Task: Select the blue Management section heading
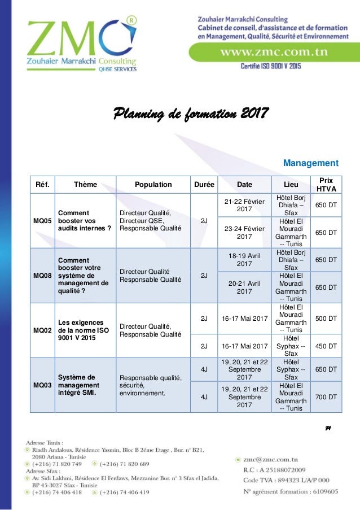(311, 163)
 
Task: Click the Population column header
(153, 184)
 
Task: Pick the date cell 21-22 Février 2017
(244, 205)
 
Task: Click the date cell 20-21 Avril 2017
(244, 287)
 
